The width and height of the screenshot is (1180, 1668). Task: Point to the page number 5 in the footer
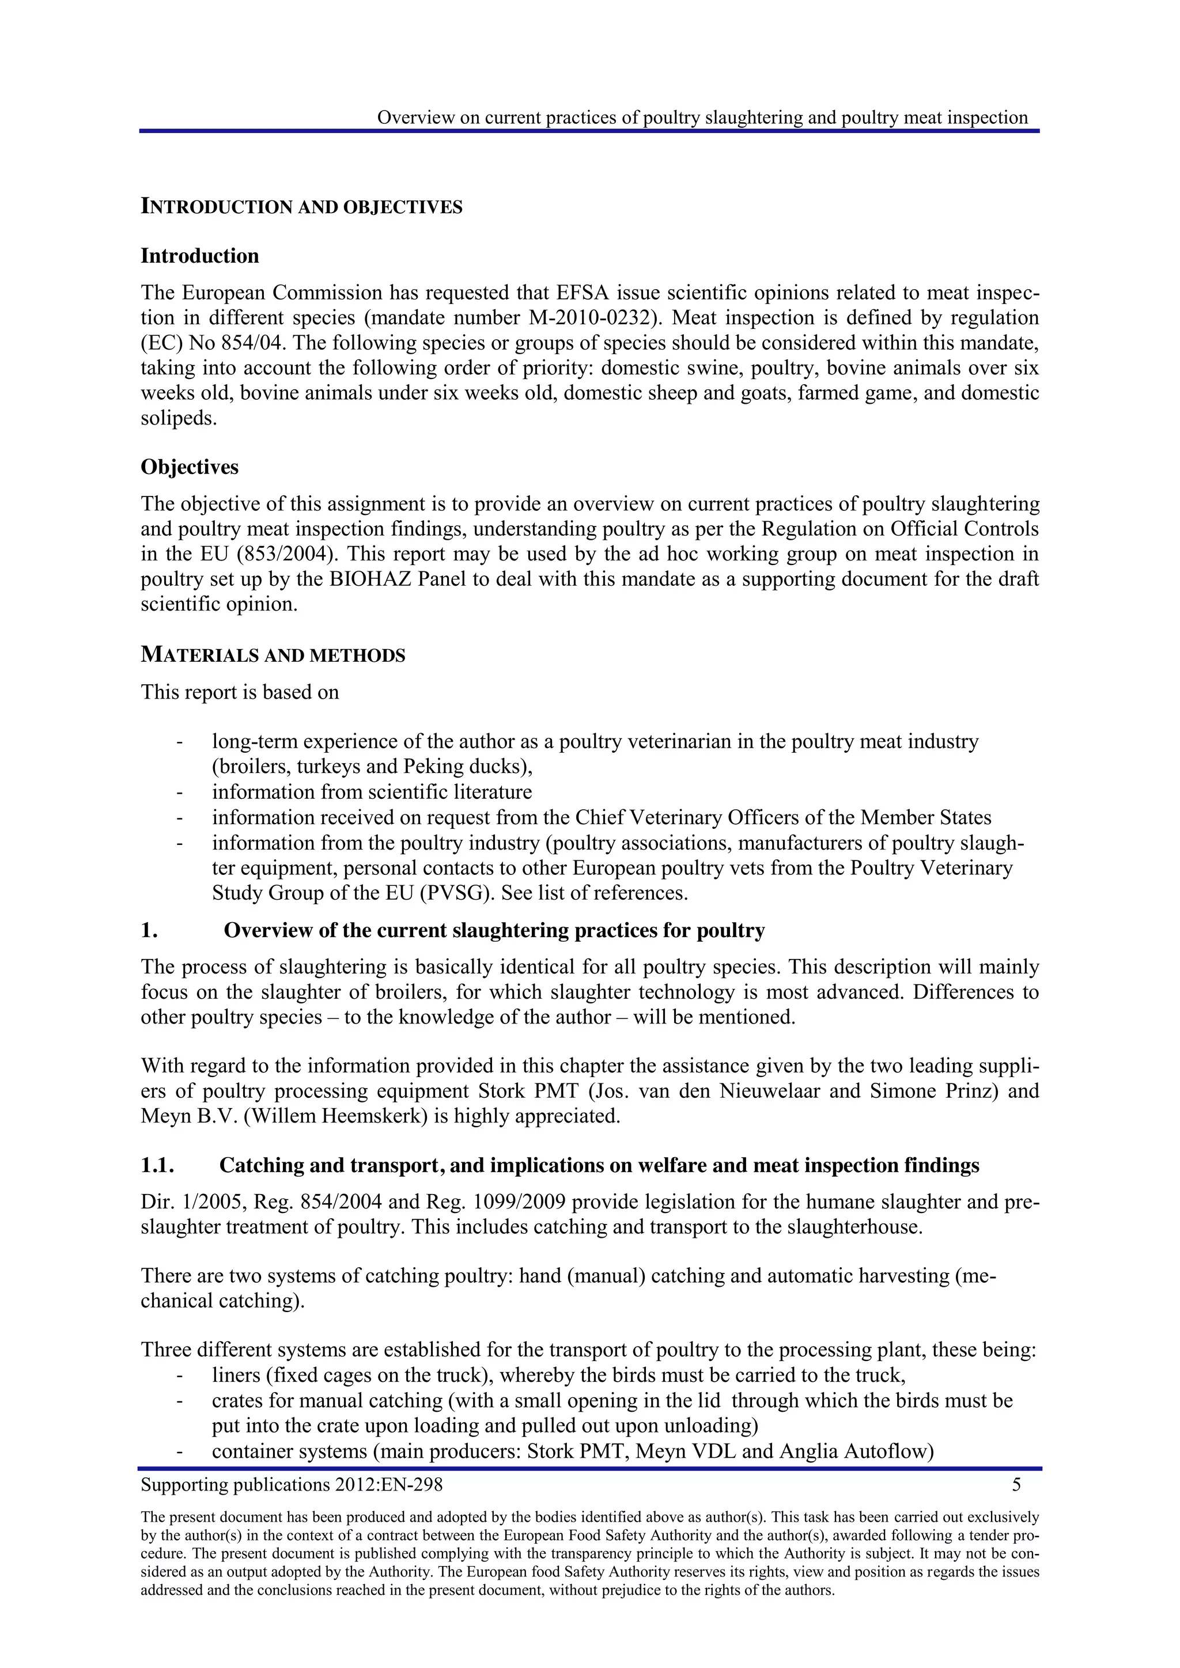(1016, 1484)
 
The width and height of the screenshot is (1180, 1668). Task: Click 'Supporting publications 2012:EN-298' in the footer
(292, 1484)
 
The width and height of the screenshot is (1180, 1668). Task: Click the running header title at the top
(702, 117)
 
